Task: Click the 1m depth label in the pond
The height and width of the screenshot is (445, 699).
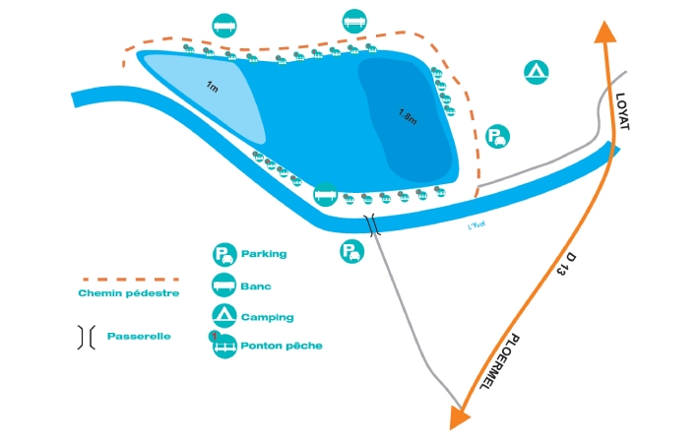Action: click(x=212, y=87)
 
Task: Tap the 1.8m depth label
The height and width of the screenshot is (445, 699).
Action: click(x=408, y=116)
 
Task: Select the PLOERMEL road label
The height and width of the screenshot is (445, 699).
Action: click(x=503, y=361)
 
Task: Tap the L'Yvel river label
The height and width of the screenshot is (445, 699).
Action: click(x=477, y=226)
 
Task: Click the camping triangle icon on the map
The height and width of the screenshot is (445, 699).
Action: click(x=537, y=71)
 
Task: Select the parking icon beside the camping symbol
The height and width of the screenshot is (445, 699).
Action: click(x=499, y=137)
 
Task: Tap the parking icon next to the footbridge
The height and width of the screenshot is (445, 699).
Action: click(x=351, y=252)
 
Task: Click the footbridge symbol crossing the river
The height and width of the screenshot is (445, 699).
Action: click(x=373, y=225)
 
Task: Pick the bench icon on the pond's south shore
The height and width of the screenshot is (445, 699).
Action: click(x=326, y=195)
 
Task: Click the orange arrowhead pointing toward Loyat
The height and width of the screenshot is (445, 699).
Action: click(x=604, y=30)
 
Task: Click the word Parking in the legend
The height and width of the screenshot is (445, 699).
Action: click(x=264, y=254)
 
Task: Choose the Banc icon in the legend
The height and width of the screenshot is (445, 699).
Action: click(x=224, y=286)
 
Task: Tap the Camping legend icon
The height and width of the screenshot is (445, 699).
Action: click(x=224, y=316)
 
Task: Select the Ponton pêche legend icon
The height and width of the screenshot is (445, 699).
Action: click(x=225, y=346)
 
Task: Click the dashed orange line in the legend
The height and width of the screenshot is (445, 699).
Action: click(x=128, y=280)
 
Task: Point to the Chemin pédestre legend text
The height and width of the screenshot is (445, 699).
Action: click(x=129, y=293)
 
